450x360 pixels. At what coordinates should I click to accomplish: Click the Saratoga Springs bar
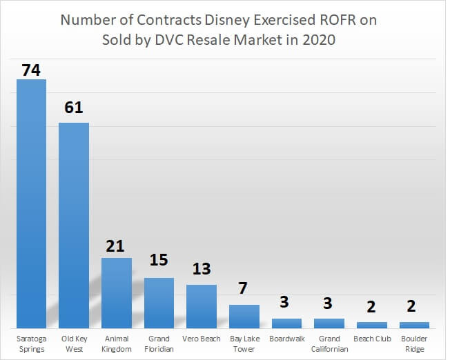32,203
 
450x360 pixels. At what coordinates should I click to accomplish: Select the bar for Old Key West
74,225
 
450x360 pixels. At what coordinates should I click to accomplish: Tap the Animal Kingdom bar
117,292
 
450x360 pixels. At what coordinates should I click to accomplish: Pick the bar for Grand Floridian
159,303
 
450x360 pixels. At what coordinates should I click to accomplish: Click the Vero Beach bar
202,306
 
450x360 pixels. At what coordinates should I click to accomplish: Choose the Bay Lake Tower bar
244,316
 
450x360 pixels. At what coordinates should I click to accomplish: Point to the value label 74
32,70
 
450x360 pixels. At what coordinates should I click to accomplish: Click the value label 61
74,108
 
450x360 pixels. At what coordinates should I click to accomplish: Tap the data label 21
117,246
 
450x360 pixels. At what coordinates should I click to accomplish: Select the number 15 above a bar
159,261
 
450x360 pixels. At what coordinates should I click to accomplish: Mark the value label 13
202,269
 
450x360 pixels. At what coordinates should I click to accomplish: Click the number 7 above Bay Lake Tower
244,288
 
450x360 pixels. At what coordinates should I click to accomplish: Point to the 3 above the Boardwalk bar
286,302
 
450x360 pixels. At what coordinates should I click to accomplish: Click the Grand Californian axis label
329,343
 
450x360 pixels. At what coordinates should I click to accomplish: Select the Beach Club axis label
371,339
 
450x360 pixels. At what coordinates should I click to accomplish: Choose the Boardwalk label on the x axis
286,339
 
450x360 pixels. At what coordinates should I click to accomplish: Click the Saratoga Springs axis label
32,343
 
